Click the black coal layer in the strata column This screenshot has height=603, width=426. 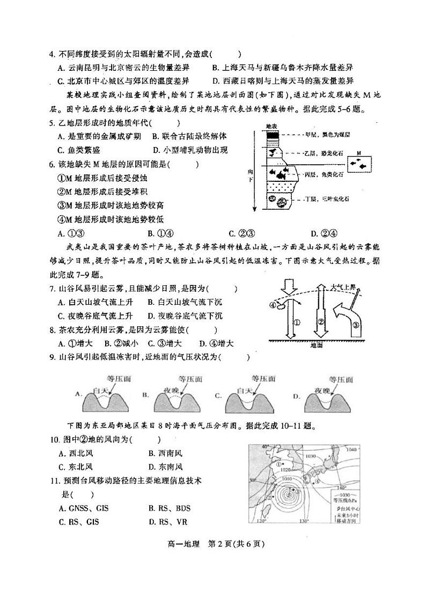click(x=273, y=136)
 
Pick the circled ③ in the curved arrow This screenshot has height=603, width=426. click(x=356, y=325)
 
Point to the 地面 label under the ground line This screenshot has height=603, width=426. click(x=317, y=345)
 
